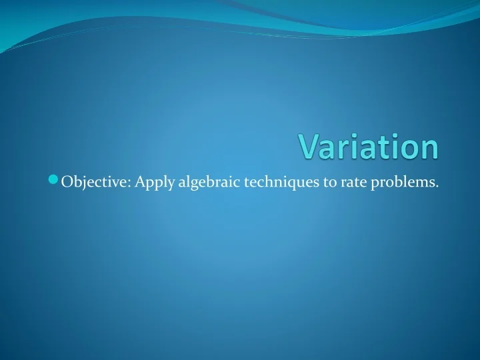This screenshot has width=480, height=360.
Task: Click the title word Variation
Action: (x=369, y=147)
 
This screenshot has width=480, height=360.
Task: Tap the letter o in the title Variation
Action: (x=410, y=149)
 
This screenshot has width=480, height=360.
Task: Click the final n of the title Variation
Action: (x=430, y=149)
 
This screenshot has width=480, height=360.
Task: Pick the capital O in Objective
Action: (x=67, y=183)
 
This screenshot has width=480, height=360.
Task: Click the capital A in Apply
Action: (x=139, y=183)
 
